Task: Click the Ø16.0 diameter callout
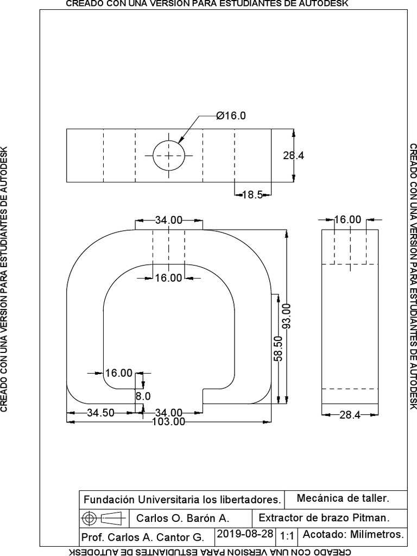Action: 231,116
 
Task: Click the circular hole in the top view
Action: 168,155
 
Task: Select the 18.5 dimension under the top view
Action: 251,195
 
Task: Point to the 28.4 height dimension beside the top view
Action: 293,155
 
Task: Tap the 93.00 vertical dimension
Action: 287,315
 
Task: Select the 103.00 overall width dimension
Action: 168,421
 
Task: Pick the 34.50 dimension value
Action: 100,413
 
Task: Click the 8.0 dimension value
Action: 142,396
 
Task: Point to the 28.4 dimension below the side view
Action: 350,415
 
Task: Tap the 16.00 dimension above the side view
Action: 347,219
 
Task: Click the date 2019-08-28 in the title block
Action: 245,534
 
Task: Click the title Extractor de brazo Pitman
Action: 325,517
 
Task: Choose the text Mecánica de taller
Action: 343,498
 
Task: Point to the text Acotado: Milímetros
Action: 353,534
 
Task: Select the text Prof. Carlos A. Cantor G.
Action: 142,538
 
